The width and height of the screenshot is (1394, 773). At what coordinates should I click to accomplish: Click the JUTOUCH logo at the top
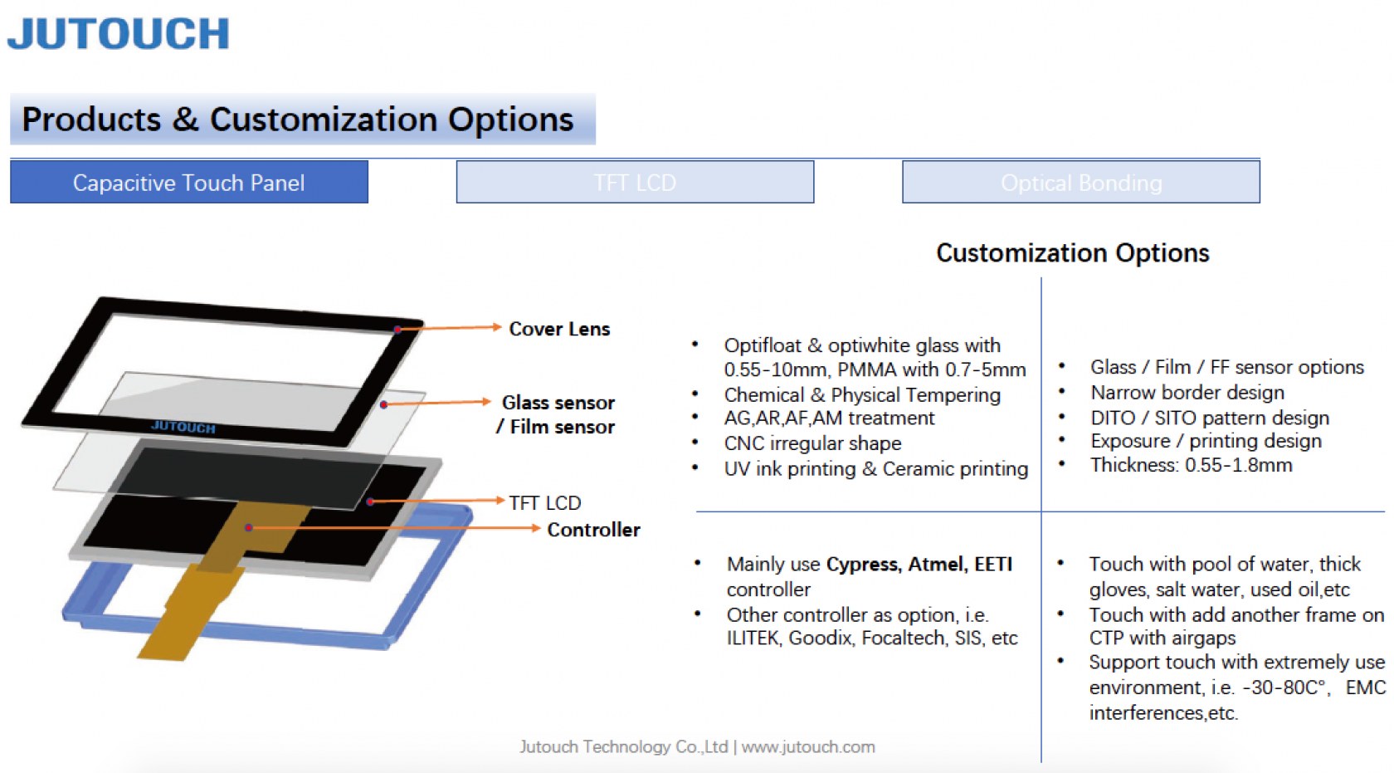pos(118,33)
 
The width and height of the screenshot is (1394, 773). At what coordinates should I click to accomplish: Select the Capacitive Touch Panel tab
pos(189,182)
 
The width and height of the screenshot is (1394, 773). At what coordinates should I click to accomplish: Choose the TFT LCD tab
pos(635,182)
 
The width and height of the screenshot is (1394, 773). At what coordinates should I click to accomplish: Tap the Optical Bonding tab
pos(1081,182)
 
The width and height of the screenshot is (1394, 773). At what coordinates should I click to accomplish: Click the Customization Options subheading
pos(1072,253)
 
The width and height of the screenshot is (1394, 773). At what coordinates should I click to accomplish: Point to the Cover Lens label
pos(559,329)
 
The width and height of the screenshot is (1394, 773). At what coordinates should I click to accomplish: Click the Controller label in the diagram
pos(593,530)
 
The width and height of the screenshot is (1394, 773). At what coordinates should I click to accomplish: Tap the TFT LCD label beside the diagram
pos(545,502)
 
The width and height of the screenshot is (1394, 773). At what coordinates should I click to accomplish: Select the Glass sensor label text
pos(558,403)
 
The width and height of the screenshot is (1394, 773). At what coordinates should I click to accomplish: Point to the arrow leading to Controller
pos(395,527)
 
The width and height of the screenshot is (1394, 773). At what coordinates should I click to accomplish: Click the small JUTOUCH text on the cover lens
pos(183,427)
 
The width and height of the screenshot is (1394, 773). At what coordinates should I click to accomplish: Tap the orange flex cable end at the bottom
pos(163,648)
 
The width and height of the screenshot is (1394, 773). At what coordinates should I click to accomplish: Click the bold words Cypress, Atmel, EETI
pos(919,564)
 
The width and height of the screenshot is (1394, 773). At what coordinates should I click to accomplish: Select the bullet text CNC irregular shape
pos(813,443)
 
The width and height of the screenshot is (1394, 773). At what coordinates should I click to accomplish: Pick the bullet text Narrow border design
pos(1187,393)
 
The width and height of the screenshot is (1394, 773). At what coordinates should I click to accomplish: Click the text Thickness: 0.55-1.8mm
pos(1192,465)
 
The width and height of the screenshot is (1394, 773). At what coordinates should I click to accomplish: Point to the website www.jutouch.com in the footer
pos(808,746)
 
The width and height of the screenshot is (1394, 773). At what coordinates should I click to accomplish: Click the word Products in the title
pos(91,119)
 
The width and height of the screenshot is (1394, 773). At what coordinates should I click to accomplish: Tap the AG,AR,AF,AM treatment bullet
pos(829,418)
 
